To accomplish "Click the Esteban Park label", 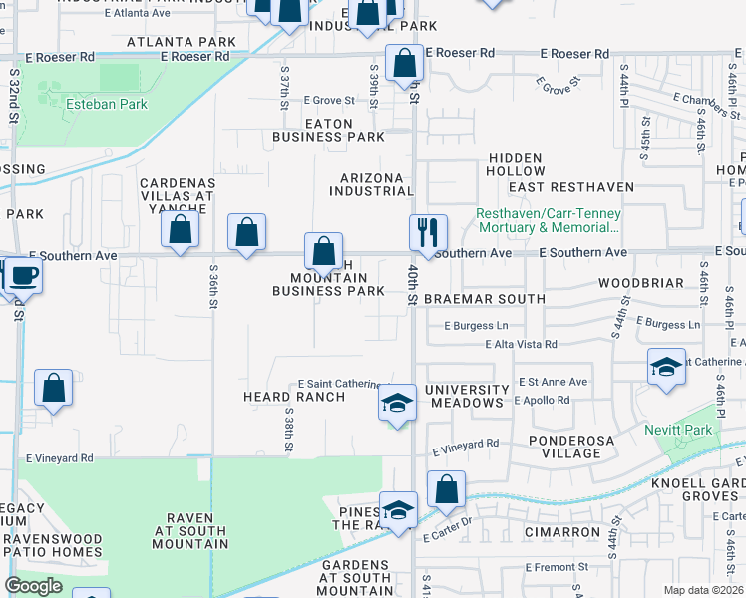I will pyautogui.click(x=106, y=104).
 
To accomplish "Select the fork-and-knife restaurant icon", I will pyautogui.click(x=428, y=232).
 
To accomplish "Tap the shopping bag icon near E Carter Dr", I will pyautogui.click(x=446, y=489).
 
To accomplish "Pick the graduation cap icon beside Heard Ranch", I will pyautogui.click(x=397, y=404).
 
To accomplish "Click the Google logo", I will pyautogui.click(x=33, y=586).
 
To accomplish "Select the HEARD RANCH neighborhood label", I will pyautogui.click(x=294, y=397).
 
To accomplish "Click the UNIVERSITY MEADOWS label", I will pyautogui.click(x=466, y=396).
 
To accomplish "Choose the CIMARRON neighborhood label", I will pyautogui.click(x=566, y=532).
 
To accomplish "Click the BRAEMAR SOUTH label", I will pyautogui.click(x=484, y=299).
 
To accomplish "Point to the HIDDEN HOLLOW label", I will pyautogui.click(x=515, y=165).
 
